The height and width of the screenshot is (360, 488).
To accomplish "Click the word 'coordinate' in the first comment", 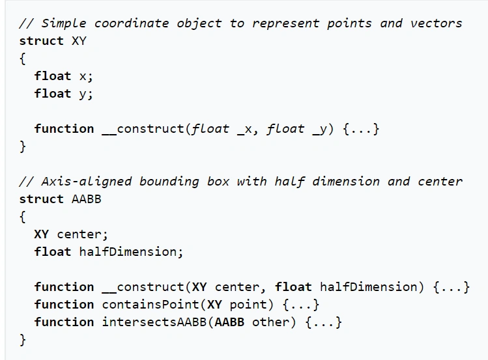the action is tap(132, 23).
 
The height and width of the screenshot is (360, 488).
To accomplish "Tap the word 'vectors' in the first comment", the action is tap(436, 23).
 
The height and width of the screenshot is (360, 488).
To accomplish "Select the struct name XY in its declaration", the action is tap(79, 41).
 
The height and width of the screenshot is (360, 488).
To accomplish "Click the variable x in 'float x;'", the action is tap(83, 76).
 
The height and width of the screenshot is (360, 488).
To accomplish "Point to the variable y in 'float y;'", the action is tap(83, 94).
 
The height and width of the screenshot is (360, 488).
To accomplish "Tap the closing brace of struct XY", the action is tap(22, 146).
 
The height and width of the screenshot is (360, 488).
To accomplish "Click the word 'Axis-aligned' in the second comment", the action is tap(87, 182).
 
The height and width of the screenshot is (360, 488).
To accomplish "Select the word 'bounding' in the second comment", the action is tap(169, 182).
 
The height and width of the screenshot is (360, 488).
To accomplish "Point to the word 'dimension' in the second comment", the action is tap(346, 181).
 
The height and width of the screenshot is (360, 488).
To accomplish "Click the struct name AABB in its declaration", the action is tap(87, 199).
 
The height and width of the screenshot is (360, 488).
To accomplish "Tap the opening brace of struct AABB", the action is tap(22, 217).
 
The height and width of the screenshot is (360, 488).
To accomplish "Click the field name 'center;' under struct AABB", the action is tap(83, 234).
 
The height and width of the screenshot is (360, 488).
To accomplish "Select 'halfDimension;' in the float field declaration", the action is tap(131, 251).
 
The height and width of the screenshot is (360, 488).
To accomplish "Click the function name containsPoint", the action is tap(151, 305).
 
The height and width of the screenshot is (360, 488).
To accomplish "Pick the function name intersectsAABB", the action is tap(154, 322).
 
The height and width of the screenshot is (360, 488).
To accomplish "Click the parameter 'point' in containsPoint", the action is tap(248, 305).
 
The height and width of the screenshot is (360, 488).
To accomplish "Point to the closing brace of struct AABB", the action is tap(22, 340).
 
